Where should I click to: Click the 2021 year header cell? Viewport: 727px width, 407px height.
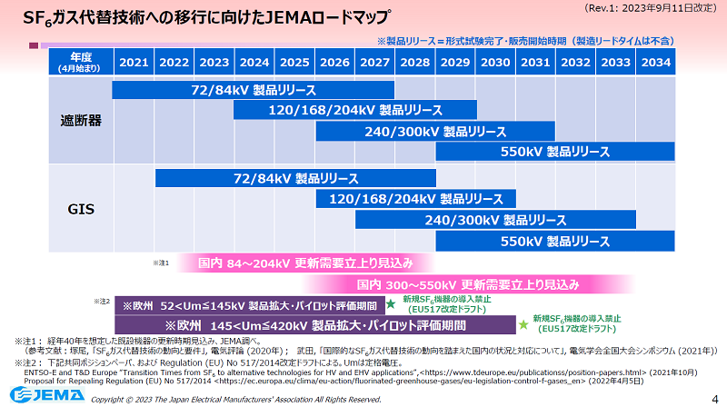pos(133,63)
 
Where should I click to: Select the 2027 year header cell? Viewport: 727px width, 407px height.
pos(375,63)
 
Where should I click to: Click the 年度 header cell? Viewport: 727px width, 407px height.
pos(79,63)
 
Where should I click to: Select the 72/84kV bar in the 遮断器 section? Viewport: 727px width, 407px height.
pos(254,91)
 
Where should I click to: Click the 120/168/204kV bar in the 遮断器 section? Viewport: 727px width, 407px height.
pos(354,111)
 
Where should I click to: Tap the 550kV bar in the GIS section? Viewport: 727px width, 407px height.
pos(555,242)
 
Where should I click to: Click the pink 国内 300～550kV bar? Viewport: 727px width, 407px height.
pos(467,284)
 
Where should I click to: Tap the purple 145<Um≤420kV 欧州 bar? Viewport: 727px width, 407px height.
pos(313,324)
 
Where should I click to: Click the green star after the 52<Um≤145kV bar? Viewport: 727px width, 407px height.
pos(391,304)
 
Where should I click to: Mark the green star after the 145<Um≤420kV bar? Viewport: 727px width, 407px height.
pos(523,323)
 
